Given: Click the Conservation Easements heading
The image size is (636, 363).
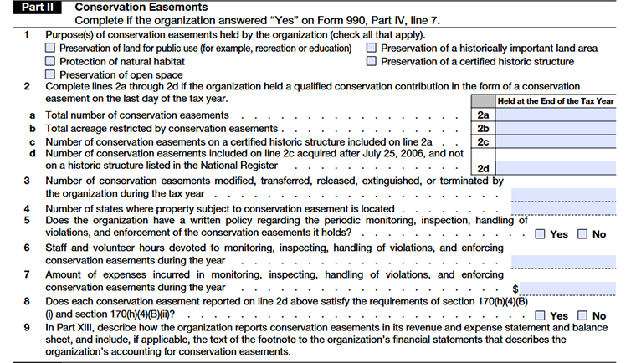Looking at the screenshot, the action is (x=130, y=8).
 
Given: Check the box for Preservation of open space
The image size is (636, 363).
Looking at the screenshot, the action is (x=51, y=75).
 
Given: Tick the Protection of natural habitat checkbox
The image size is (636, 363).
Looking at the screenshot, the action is (x=51, y=62).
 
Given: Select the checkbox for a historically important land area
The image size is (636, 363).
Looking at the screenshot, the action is (x=372, y=49).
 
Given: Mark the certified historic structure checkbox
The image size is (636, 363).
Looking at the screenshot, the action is (x=372, y=62).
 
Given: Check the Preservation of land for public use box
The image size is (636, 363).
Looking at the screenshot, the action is (x=51, y=49).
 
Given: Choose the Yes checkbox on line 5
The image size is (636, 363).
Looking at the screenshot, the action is (x=541, y=234).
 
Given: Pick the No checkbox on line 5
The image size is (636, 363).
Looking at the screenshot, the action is (x=582, y=234).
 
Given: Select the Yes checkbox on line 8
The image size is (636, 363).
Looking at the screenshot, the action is (x=541, y=315).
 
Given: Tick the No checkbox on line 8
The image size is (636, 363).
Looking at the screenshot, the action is (x=582, y=315).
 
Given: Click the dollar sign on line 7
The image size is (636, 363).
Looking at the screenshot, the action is (x=515, y=288).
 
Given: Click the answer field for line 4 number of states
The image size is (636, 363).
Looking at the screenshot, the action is (x=562, y=207).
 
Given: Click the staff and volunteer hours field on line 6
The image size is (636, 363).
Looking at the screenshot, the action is (x=562, y=261).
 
